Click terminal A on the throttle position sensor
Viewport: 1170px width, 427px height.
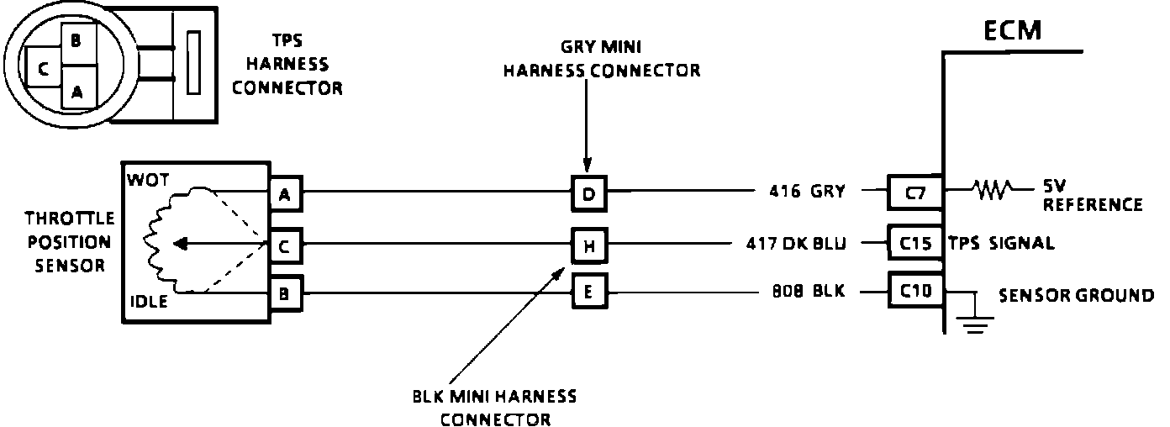pos(285,195)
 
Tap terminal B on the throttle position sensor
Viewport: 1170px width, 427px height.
pos(285,294)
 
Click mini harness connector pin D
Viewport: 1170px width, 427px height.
pos(588,195)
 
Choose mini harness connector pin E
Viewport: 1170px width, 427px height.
pos(588,293)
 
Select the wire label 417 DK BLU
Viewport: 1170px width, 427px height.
pos(796,245)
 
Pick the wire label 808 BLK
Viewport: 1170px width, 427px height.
pos(808,294)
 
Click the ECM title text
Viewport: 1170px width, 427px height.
pos(1013,30)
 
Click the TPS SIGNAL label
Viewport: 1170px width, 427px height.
pos(1001,245)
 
